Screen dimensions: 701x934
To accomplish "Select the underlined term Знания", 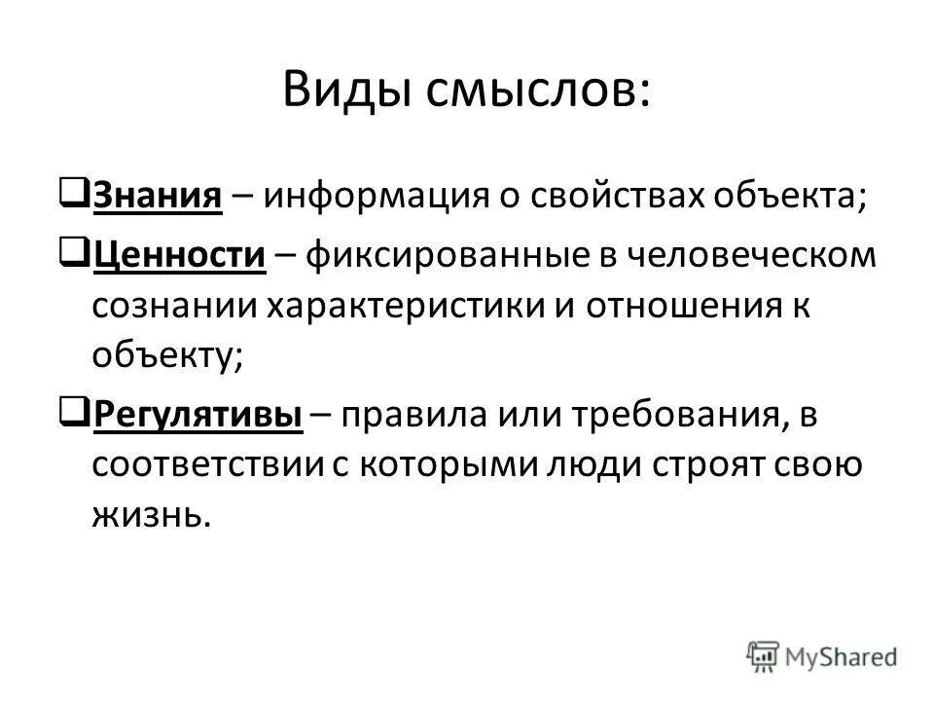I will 155,196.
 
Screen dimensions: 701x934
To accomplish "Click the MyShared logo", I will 822,654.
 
